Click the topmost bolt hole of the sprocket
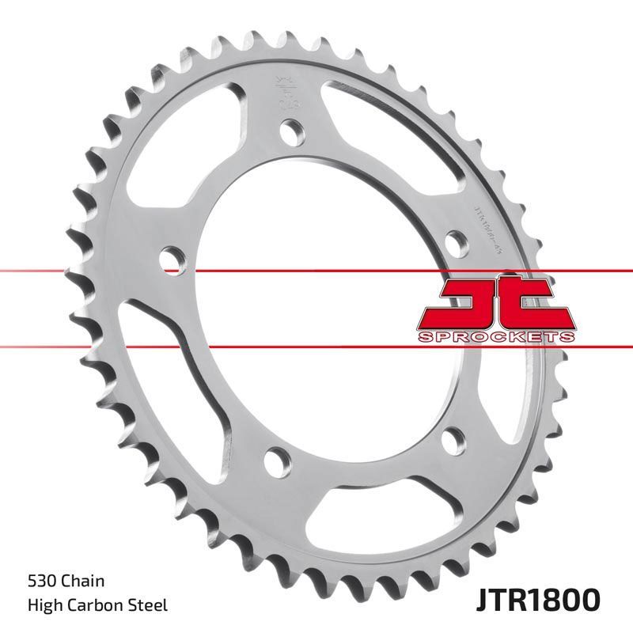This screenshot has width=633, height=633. [291, 129]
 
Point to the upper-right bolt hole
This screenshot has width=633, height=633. [454, 241]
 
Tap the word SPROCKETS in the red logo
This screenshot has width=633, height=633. [495, 338]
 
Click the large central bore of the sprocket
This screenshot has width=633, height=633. [316, 316]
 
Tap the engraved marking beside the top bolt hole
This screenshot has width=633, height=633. [282, 92]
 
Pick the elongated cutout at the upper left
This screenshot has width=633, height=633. [201, 135]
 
